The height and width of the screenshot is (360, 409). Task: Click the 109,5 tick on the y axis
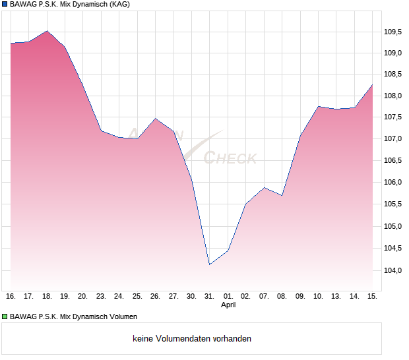(393, 31)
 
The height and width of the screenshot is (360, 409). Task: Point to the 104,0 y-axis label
(393, 270)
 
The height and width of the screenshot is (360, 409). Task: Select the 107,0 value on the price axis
(393, 138)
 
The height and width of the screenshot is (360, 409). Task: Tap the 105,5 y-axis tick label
(393, 204)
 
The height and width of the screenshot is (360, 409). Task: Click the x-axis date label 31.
(210, 296)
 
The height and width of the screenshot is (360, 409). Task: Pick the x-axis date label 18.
(47, 296)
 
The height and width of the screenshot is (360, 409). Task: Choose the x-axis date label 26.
(155, 296)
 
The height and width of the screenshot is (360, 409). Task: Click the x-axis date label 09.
(300, 296)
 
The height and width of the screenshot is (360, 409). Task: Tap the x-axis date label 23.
(101, 296)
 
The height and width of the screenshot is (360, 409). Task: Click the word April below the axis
(228, 305)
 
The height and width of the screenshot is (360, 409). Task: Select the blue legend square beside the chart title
(5, 5)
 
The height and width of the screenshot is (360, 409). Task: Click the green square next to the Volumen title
(5, 317)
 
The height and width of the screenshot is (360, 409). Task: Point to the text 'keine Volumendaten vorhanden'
(192, 338)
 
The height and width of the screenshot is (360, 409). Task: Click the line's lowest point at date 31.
(209, 264)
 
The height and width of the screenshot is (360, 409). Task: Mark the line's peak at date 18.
(47, 30)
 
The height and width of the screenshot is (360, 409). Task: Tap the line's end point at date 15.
(372, 85)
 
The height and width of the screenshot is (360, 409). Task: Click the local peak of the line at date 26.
(155, 119)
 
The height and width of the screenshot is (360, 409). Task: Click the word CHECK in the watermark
(230, 158)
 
